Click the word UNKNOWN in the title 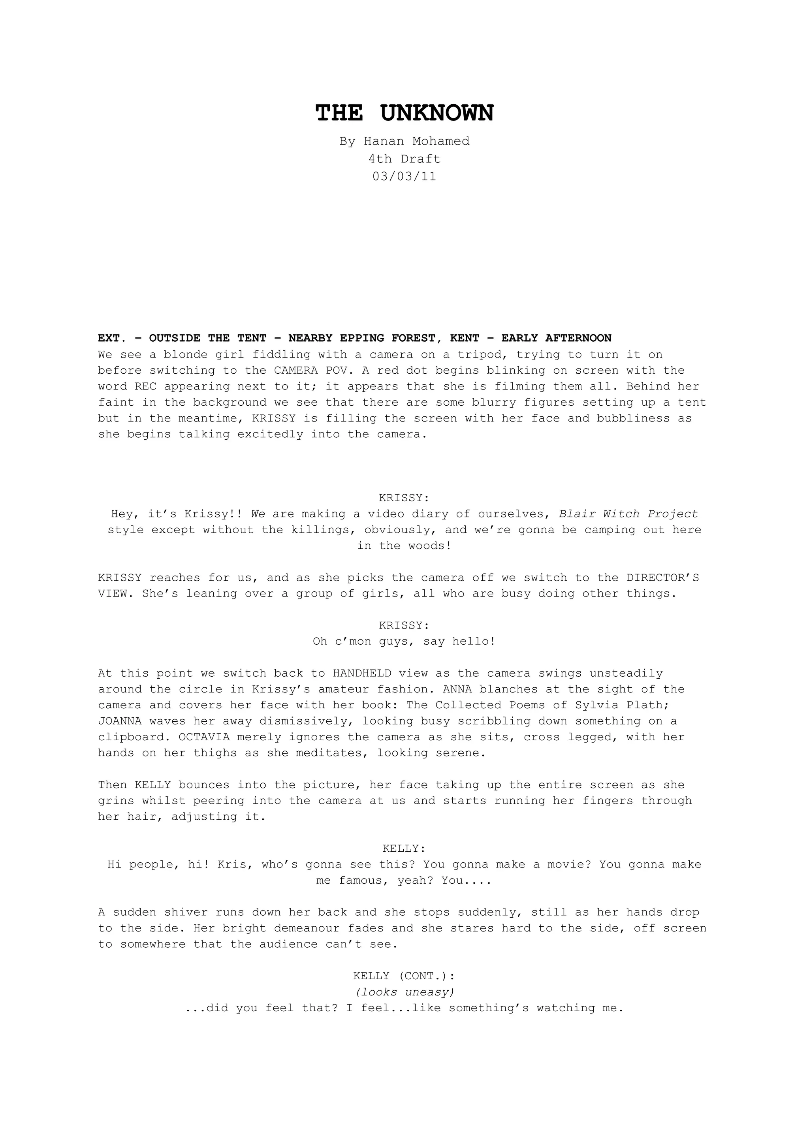437,114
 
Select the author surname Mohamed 441,141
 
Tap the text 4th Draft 404,159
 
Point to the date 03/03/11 404,177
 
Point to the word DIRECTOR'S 662,578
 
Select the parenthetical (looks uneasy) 404,992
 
